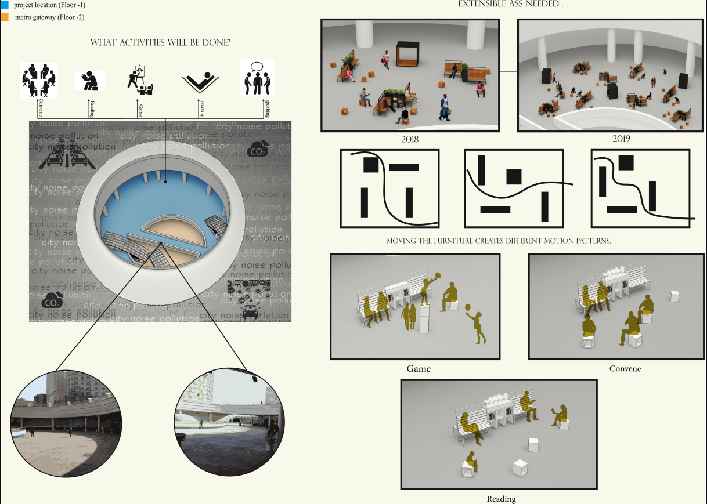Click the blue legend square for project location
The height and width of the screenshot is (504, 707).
4,5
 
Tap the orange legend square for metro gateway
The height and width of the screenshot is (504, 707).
4,17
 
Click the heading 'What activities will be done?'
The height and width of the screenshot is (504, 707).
160,43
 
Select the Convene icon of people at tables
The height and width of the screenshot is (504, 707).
38,80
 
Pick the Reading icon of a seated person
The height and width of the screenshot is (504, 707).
89,81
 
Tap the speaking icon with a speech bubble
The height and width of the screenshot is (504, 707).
257,78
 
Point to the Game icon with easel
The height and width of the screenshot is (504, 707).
140,79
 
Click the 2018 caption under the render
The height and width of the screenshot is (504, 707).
410,139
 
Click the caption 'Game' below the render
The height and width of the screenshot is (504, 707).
419,369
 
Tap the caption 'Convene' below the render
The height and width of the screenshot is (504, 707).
625,369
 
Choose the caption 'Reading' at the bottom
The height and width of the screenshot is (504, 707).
501,499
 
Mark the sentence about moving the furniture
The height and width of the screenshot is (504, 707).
499,240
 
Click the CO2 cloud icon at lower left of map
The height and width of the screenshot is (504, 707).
53,299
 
